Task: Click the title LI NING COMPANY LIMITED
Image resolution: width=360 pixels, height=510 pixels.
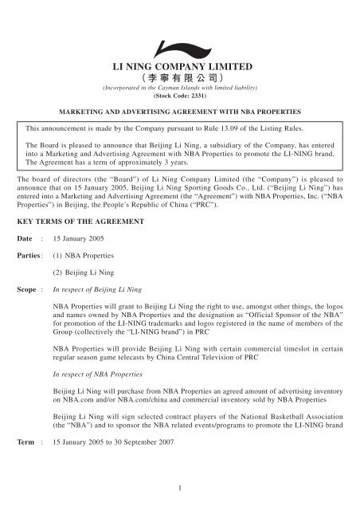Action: click(179, 66)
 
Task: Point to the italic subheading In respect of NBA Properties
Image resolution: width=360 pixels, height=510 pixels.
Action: click(98, 376)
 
